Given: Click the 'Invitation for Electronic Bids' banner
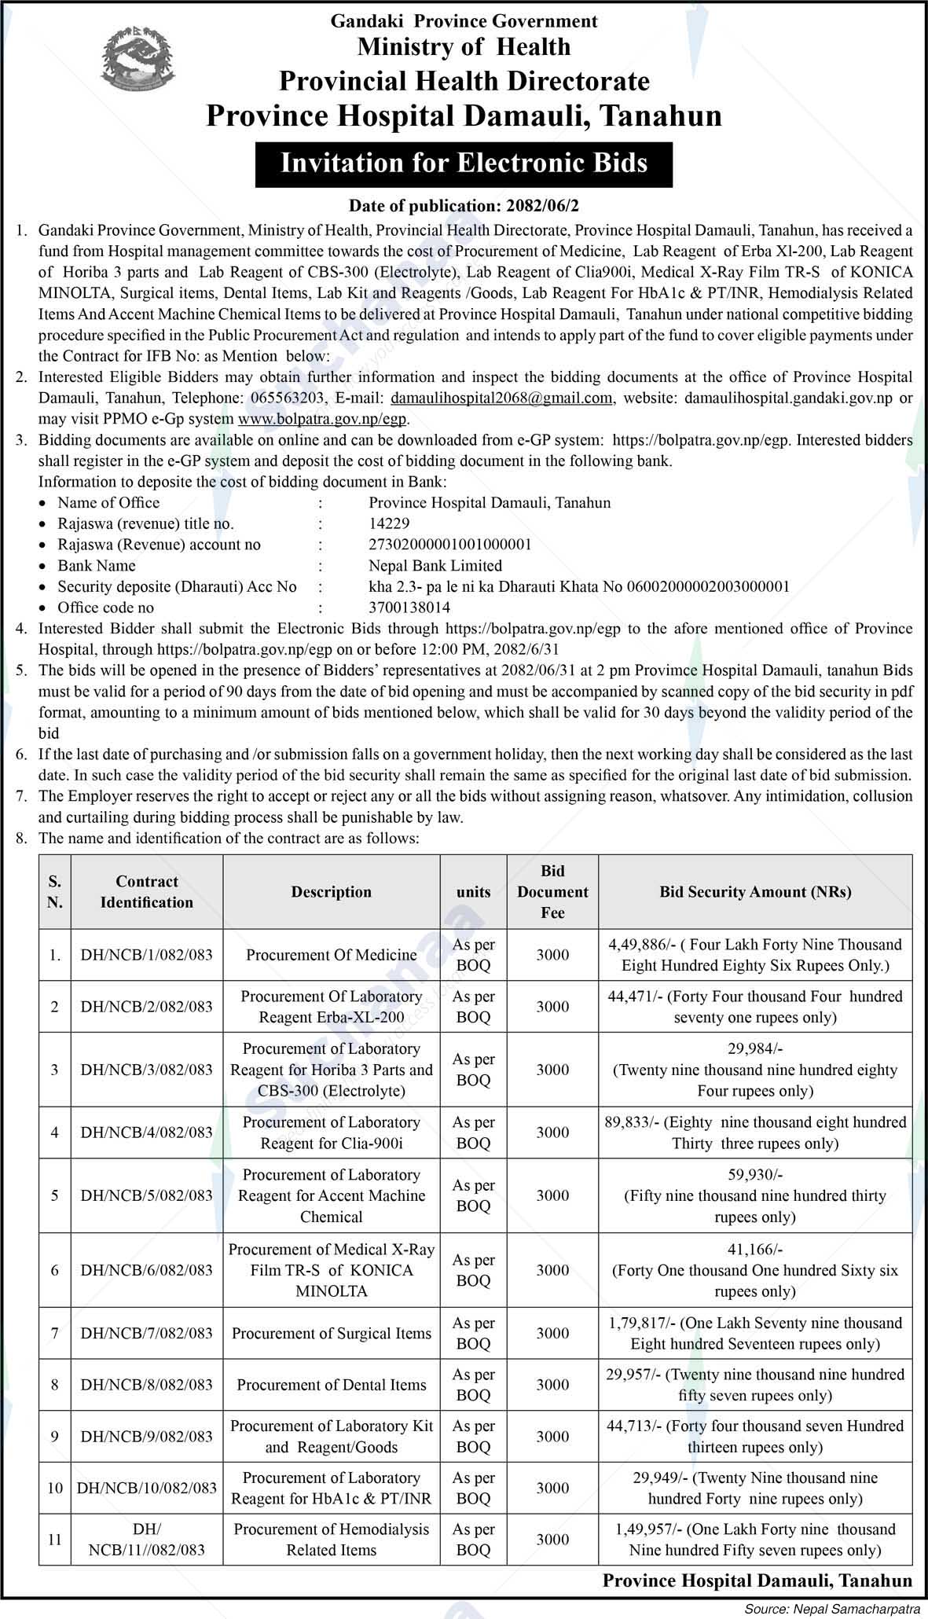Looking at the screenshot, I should [464, 163].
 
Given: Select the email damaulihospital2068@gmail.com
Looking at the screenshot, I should [501, 398].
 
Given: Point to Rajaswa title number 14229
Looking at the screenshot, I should [389, 523].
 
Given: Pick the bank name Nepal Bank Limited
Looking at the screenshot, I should [435, 565].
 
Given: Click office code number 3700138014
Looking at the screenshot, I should [409, 608].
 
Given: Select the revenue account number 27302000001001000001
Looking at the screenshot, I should [450, 545].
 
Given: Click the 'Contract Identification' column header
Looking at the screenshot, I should [147, 892].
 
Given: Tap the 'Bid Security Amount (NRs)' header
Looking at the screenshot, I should [755, 892].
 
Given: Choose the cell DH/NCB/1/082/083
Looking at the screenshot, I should [147, 955].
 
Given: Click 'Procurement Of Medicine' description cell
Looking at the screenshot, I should [332, 955].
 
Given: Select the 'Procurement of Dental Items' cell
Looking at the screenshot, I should [332, 1385].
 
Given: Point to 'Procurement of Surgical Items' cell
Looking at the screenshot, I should [332, 1333].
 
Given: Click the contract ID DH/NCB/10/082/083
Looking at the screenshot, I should [147, 1488].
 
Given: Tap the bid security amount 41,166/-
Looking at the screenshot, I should [754, 1249].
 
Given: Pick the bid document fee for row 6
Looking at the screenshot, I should [552, 1270].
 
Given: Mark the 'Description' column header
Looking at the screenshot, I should [332, 892].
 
